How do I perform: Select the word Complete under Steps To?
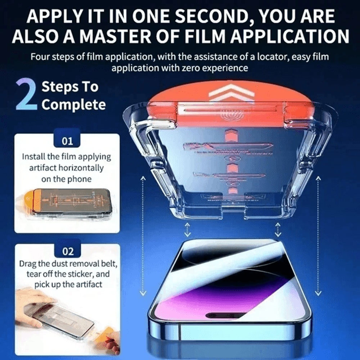73,105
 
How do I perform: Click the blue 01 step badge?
67,141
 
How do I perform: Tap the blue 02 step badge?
67,251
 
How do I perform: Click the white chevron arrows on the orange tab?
226,93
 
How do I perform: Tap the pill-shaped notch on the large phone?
226,315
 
